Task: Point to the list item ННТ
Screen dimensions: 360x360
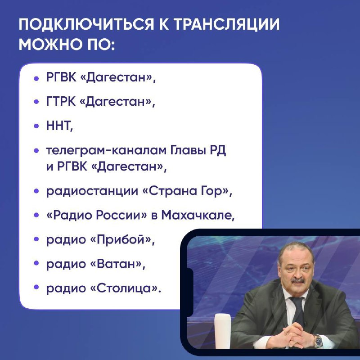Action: [x=59, y=126]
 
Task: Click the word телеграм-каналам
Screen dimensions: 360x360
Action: [x=106, y=151]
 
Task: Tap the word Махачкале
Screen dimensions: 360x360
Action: [x=198, y=215]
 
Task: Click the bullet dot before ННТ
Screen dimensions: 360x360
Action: [x=36, y=126]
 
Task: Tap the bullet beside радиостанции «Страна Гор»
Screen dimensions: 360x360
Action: [x=36, y=191]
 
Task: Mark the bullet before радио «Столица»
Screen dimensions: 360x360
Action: [x=36, y=287]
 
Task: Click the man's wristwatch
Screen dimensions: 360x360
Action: [x=318, y=341]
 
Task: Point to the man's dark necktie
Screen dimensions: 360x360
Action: [x=298, y=310]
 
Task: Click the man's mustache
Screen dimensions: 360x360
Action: [x=298, y=280]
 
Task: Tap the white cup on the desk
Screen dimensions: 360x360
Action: [x=222, y=331]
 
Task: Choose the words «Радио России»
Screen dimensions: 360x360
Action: [x=96, y=215]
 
